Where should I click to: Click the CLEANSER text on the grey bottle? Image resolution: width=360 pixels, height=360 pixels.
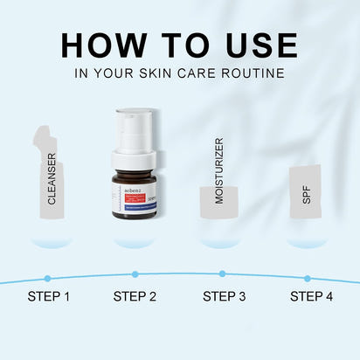tap(52, 180)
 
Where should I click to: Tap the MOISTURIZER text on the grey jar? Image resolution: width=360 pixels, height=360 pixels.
tap(219, 170)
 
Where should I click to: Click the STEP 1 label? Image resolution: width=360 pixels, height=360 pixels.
tap(49, 296)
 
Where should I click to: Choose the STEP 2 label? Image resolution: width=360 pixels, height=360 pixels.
tap(135, 296)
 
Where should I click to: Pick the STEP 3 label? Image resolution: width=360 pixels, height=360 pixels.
tap(225, 296)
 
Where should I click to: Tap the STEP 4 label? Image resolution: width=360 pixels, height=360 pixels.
tap(311, 296)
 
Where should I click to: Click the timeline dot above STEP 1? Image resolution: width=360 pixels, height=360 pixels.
tap(48, 278)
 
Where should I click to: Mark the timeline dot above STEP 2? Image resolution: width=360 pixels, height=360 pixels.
tap(135, 273)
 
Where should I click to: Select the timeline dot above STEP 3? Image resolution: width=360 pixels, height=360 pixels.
tap(222, 273)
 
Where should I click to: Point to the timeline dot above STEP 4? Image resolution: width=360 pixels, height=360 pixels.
tap(308, 278)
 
